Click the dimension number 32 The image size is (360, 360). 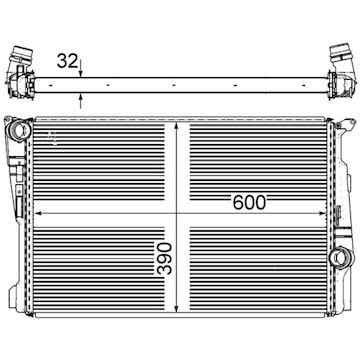[x=67, y=61]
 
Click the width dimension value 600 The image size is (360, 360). [x=250, y=202]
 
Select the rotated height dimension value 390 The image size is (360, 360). [x=165, y=259]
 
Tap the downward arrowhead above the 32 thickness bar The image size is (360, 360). [x=81, y=74]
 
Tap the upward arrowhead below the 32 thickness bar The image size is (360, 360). [x=81, y=97]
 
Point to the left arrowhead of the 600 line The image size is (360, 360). [x=39, y=213]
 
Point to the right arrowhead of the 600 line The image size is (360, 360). [x=322, y=213]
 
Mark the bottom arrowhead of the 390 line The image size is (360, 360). [x=177, y=308]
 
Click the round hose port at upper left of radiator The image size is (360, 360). [x=19, y=131]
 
